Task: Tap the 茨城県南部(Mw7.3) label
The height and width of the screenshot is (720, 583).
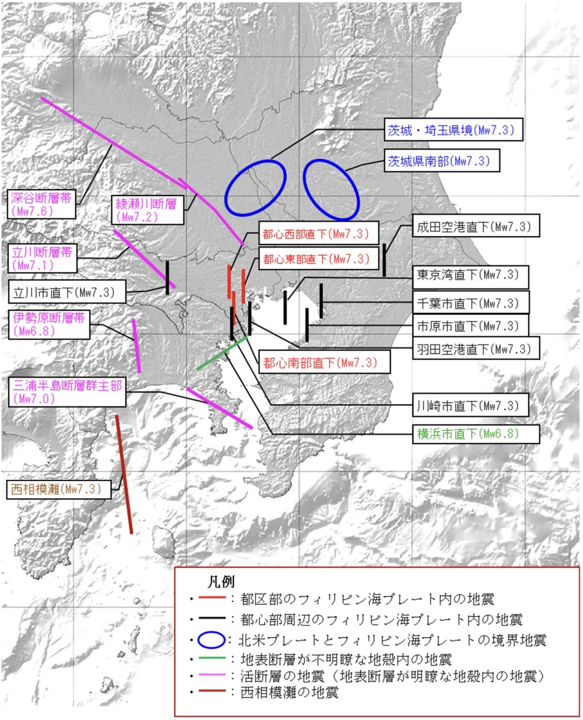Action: pyautogui.click(x=442, y=161)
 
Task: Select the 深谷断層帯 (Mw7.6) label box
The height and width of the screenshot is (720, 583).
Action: pyautogui.click(x=42, y=204)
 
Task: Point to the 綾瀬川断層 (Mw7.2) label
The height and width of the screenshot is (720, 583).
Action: pyautogui.click(x=147, y=210)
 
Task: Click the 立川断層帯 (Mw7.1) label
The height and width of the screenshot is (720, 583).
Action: pyautogui.click(x=42, y=258)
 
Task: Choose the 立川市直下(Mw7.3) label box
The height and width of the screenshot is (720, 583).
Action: pyautogui.click(x=67, y=292)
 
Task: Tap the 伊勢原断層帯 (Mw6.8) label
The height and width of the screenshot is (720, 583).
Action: pyautogui.click(x=49, y=324)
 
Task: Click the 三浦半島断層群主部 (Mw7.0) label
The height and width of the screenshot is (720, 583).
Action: pyautogui.click(x=67, y=392)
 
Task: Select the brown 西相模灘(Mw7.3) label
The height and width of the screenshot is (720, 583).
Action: pyautogui.click(x=59, y=489)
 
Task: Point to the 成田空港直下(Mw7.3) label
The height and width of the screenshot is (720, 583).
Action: pyautogui.click(x=475, y=226)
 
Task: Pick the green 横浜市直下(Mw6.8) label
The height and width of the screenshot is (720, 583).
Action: pyautogui.click(x=475, y=433)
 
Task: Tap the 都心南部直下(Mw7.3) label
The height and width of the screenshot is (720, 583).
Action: pyautogui.click(x=324, y=362)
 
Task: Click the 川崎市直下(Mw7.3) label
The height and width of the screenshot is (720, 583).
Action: pyautogui.click(x=471, y=405)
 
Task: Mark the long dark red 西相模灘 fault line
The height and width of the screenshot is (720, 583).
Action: pyautogui.click(x=124, y=474)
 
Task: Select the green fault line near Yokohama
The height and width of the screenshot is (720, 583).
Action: pyautogui.click(x=222, y=353)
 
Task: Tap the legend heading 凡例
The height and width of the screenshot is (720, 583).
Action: pyautogui.click(x=221, y=582)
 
